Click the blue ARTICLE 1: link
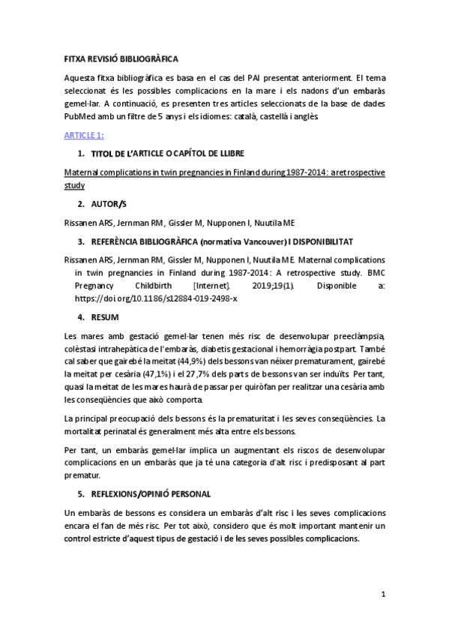click(83, 135)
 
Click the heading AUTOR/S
click(109, 204)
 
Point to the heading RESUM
click(107, 318)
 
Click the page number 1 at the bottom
click(382, 595)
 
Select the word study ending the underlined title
click(74, 184)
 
